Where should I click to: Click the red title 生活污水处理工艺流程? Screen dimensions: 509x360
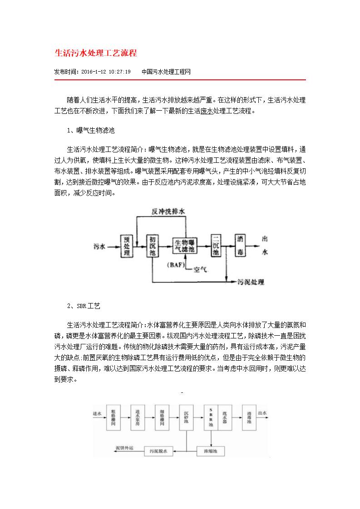coord(96,53)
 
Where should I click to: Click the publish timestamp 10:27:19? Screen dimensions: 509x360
coord(119,72)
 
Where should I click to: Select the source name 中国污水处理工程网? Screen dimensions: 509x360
coord(166,72)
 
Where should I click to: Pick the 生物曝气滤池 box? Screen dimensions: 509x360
coord(185,246)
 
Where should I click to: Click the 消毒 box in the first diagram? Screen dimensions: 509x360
coord(241,246)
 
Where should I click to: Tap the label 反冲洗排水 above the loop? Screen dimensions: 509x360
coord(168,212)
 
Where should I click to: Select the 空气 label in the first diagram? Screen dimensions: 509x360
coord(200,269)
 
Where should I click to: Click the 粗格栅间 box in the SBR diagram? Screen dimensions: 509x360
coord(114,418)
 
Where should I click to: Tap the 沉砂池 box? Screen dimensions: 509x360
coord(186,418)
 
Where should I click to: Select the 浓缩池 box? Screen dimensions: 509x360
coord(211,451)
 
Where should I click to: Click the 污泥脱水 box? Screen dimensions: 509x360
coord(159,451)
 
